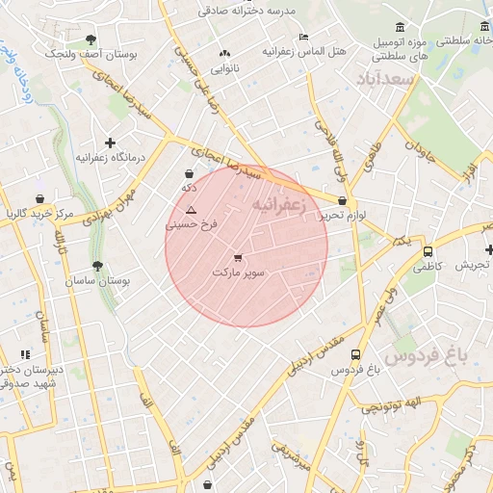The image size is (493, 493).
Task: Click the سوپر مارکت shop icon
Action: pyautogui.click(x=238, y=257)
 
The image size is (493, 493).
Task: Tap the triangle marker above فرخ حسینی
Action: pyautogui.click(x=191, y=209)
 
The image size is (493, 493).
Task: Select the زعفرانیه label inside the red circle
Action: pyautogui.click(x=279, y=205)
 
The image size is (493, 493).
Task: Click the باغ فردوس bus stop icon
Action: pyautogui.click(x=356, y=354)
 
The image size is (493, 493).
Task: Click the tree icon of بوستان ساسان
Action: pyautogui.click(x=96, y=266)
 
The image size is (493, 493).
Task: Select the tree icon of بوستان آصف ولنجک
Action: pyautogui.click(x=91, y=39)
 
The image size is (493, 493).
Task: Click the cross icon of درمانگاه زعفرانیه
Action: pyautogui.click(x=110, y=143)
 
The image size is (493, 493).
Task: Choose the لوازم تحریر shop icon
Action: pyautogui.click(x=343, y=201)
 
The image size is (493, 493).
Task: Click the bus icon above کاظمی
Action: pyautogui.click(x=428, y=251)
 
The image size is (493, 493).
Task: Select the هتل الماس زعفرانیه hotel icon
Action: pyautogui.click(x=304, y=37)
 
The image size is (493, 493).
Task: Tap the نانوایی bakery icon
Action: pyautogui.click(x=225, y=54)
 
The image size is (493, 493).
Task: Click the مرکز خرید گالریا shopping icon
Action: pyautogui.click(x=40, y=198)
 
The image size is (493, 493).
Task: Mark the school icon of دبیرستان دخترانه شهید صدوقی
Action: pyautogui.click(x=24, y=354)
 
